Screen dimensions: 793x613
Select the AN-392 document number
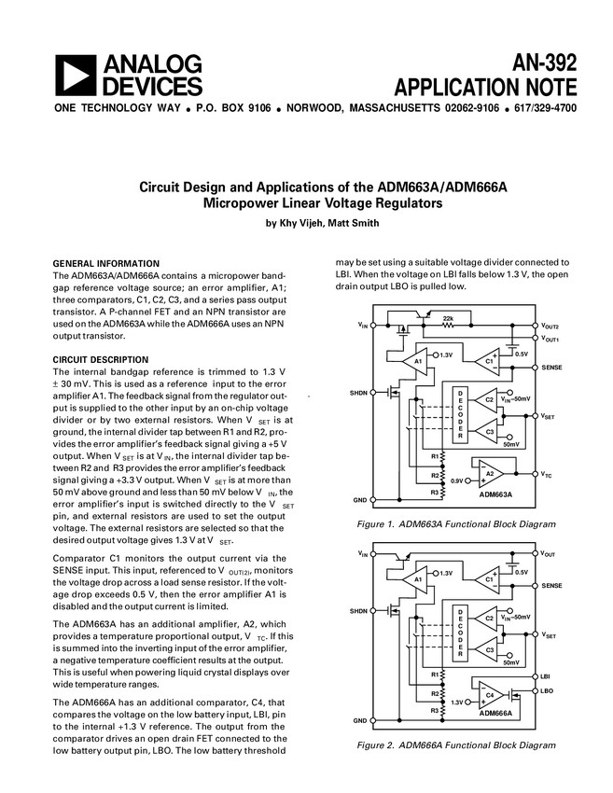(543, 63)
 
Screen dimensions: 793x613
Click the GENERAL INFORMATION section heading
(105, 263)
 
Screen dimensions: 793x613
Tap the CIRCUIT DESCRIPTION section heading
(101, 359)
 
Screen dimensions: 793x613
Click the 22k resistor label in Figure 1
(449, 318)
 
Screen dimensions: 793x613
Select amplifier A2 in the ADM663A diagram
(489, 474)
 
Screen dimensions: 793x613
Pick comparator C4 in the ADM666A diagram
(490, 696)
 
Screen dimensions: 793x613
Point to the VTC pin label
(548, 475)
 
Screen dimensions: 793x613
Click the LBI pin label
(547, 675)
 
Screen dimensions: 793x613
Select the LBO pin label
(548, 690)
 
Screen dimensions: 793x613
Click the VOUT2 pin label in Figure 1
(550, 327)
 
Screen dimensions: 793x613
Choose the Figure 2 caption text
(443, 745)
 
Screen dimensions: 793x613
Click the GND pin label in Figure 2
(359, 721)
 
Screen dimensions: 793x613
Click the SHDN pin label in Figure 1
(358, 393)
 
